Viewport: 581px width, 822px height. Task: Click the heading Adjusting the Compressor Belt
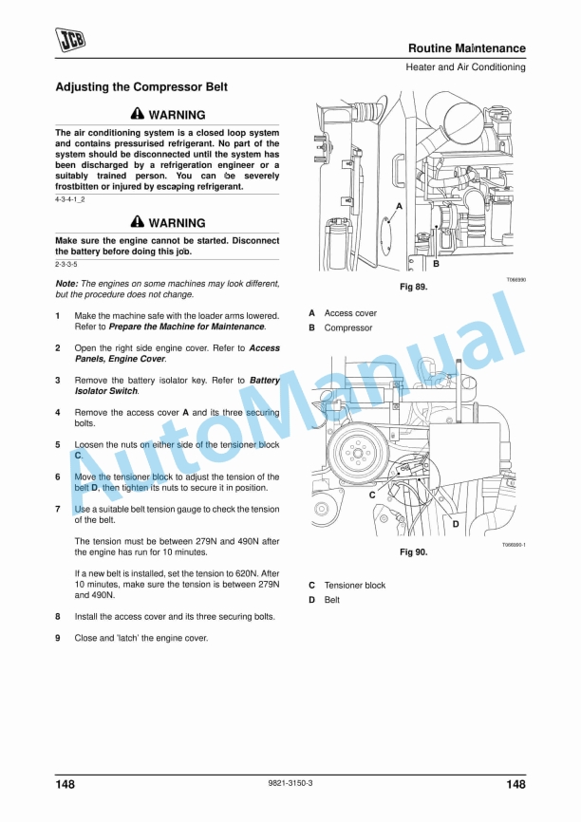(x=141, y=87)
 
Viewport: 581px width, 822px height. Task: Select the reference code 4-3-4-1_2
(x=70, y=200)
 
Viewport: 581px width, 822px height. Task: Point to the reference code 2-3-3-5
(x=66, y=264)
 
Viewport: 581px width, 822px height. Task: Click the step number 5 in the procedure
(x=58, y=444)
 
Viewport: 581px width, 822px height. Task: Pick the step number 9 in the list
(x=58, y=638)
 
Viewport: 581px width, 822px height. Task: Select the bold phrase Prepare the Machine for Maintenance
(x=187, y=327)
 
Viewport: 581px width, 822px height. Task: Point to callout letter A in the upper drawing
(x=399, y=206)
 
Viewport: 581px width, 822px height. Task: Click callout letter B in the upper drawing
(x=436, y=264)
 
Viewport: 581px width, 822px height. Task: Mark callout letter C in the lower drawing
(x=372, y=495)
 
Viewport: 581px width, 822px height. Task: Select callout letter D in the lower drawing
(x=456, y=524)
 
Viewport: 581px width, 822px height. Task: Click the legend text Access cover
(x=350, y=313)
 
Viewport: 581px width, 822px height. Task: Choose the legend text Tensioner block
(x=355, y=586)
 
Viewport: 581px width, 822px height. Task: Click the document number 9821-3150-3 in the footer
(x=290, y=783)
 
